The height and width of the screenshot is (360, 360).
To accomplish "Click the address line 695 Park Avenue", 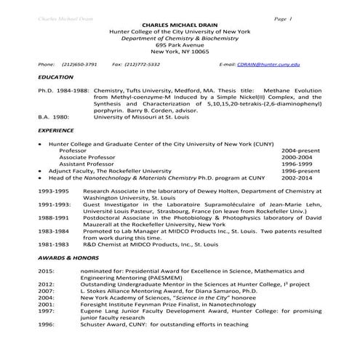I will click(x=179, y=44).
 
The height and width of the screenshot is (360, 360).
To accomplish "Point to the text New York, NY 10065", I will click(x=179, y=52).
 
